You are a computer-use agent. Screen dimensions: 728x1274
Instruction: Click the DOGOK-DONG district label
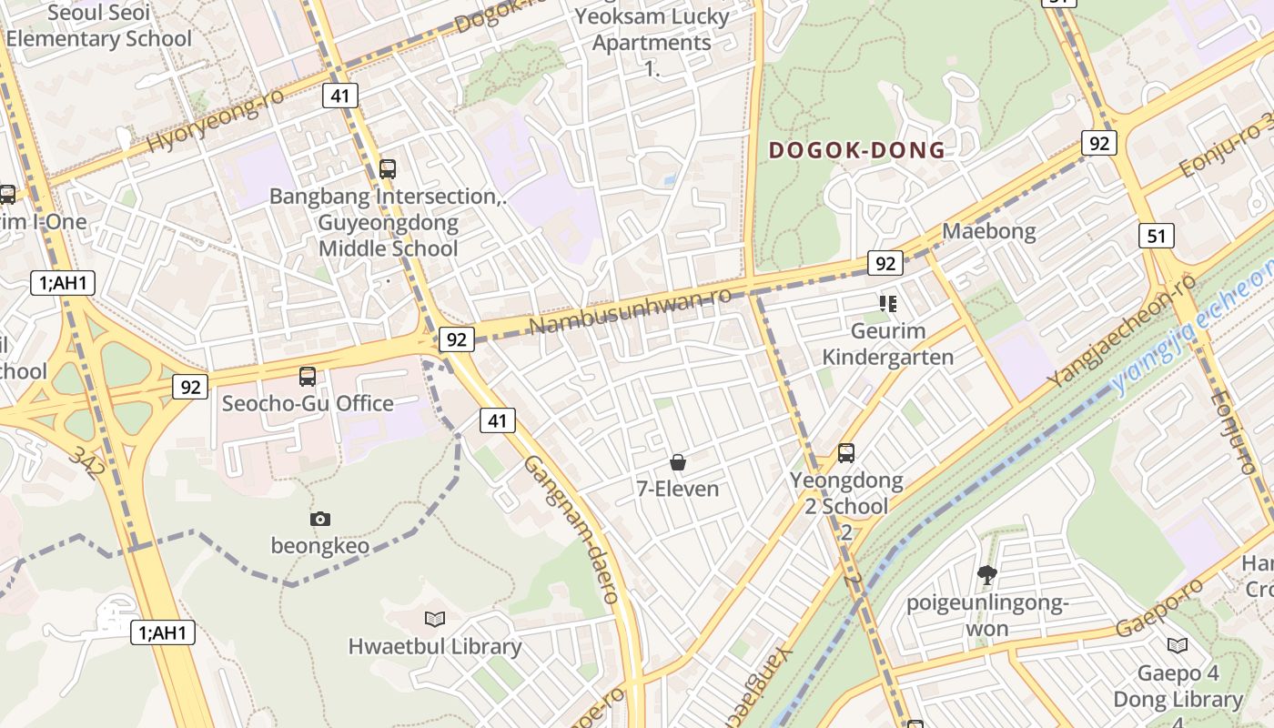pyautogui.click(x=857, y=151)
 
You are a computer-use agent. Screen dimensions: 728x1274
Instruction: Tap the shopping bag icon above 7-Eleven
pyautogui.click(x=677, y=463)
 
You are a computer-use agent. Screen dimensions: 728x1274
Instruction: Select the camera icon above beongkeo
pyautogui.click(x=320, y=520)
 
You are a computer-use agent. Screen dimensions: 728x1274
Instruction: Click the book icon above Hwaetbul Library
pyautogui.click(x=435, y=620)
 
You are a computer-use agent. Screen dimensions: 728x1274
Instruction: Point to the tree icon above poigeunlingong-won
pyautogui.click(x=986, y=575)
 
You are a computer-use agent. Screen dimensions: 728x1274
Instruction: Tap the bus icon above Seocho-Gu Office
pyautogui.click(x=308, y=377)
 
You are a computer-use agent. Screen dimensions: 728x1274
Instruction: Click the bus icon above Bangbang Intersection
pyautogui.click(x=388, y=169)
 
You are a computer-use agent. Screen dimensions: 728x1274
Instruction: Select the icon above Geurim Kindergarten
pyautogui.click(x=887, y=304)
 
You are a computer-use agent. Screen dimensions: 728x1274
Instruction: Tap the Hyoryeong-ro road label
pyautogui.click(x=216, y=122)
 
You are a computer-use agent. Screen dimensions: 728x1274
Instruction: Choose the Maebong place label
pyautogui.click(x=988, y=231)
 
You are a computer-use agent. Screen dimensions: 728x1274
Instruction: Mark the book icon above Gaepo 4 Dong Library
pyautogui.click(x=1178, y=646)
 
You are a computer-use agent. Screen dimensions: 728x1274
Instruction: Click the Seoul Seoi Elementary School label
pyautogui.click(x=98, y=25)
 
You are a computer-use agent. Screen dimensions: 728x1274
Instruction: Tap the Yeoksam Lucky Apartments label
pyautogui.click(x=652, y=30)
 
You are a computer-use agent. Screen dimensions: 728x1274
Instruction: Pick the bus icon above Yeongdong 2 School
pyautogui.click(x=846, y=453)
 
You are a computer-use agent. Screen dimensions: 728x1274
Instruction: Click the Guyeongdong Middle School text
pyautogui.click(x=389, y=236)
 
